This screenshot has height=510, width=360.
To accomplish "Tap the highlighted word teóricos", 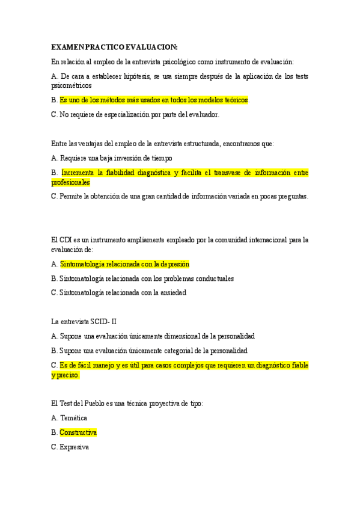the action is click(x=234, y=100).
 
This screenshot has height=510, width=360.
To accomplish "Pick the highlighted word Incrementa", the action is click(x=81, y=173).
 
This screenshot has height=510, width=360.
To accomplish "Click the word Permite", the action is click(x=73, y=196).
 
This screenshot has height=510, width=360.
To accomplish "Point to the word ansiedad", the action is click(x=172, y=293).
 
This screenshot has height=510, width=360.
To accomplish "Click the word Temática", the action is click(x=74, y=418).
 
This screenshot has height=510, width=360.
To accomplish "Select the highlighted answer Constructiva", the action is click(x=78, y=432).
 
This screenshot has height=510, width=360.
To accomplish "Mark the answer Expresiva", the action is click(x=75, y=447).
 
